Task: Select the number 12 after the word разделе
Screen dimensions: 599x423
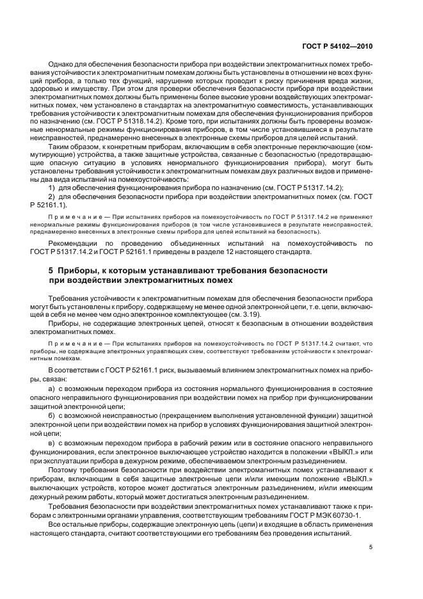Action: [x=253, y=252]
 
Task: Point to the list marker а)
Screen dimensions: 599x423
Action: [x=52, y=389]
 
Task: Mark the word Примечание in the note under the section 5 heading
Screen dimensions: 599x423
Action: [x=67, y=344]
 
